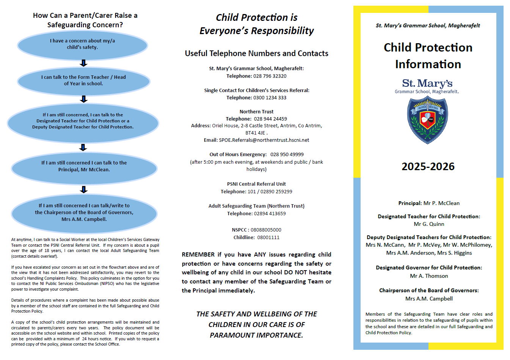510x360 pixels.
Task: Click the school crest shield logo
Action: point(427,119)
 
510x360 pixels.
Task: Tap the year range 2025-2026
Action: point(428,166)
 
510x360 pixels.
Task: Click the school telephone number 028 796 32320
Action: point(270,76)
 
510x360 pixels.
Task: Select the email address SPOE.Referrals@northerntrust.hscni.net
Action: point(264,140)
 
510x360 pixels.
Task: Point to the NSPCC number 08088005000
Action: point(266,230)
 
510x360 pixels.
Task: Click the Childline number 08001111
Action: point(268,238)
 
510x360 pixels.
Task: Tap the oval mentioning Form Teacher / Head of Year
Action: point(83,80)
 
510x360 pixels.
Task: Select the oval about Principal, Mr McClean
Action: point(84,166)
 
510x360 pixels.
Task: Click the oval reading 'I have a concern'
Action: point(82,44)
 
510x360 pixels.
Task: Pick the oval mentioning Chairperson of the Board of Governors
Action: point(84,213)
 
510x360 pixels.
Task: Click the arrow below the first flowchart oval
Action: point(84,63)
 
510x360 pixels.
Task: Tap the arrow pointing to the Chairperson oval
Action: point(84,189)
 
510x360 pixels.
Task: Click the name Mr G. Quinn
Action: point(429,224)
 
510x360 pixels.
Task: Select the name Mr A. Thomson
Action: point(429,276)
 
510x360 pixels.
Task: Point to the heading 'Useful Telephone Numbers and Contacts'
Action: point(256,53)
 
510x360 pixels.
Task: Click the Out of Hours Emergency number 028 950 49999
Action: point(287,155)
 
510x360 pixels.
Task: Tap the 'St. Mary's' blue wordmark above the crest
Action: point(427,83)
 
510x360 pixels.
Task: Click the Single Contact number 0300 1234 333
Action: point(270,98)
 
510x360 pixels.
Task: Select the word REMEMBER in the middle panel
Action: point(198,255)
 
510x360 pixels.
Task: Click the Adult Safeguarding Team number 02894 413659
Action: point(270,214)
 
